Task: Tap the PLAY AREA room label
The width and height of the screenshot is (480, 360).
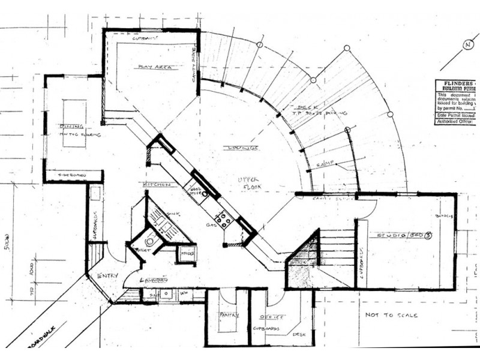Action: pyautogui.click(x=155, y=67)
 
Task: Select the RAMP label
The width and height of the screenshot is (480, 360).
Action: pyautogui.click(x=323, y=164)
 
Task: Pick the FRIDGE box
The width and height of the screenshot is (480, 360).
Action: pyautogui.click(x=187, y=254)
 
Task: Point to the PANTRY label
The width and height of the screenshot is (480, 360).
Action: pyautogui.click(x=229, y=314)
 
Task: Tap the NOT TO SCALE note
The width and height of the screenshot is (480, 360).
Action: pyautogui.click(x=391, y=314)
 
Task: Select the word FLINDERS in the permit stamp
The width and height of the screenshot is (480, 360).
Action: pyautogui.click(x=454, y=83)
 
